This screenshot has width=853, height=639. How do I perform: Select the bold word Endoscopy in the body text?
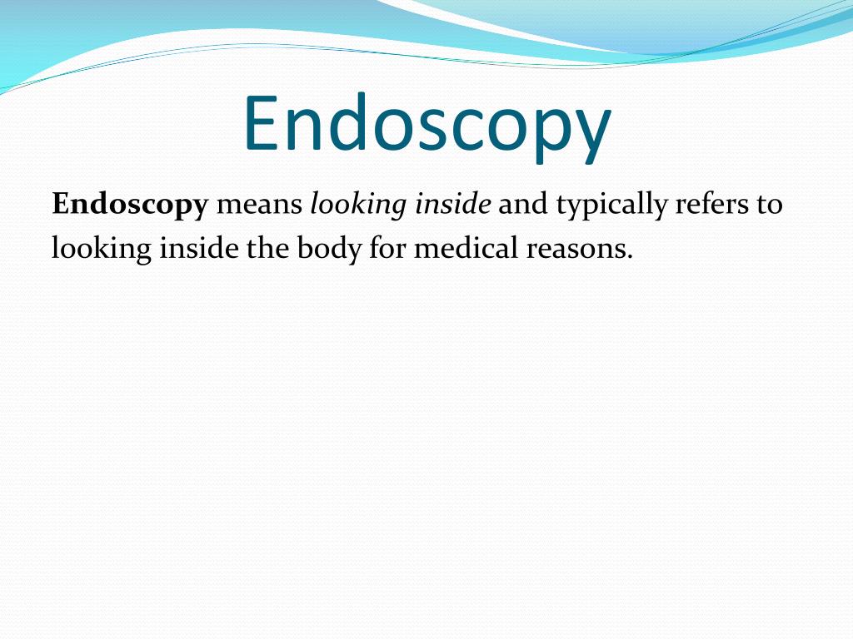129,205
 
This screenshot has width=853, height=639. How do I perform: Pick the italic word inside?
453,205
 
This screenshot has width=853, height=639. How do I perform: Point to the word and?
523,205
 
